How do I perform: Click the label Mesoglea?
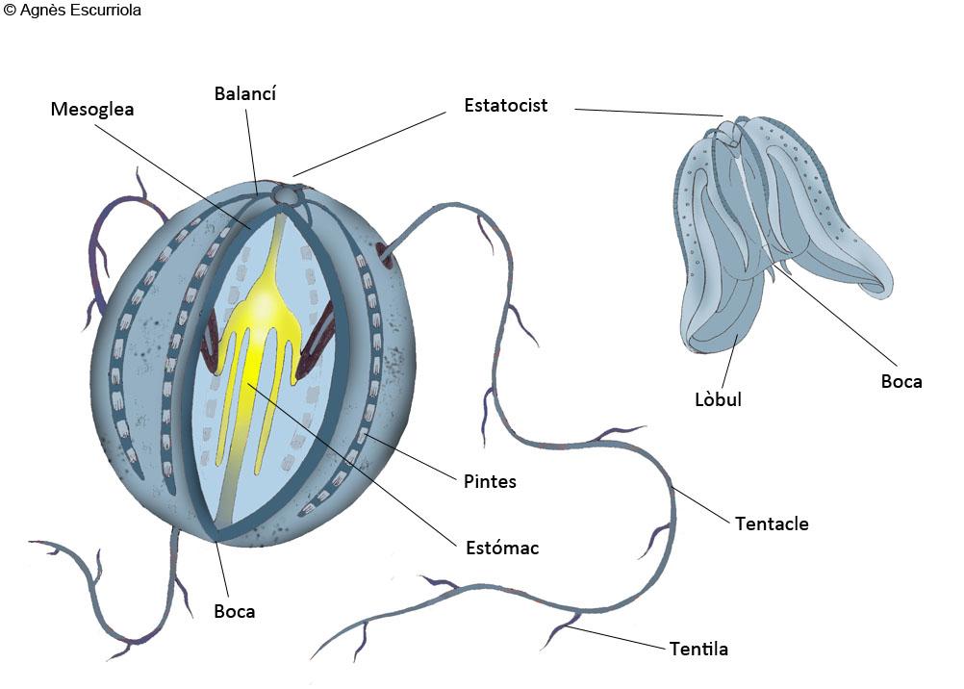click(x=92, y=109)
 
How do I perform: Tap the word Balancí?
click(x=244, y=93)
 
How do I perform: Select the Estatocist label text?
click(x=505, y=105)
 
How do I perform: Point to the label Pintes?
click(x=490, y=481)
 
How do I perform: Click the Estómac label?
click(x=502, y=548)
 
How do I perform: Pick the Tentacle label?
click(x=772, y=523)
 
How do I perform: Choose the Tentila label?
click(x=698, y=649)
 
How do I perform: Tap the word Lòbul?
click(x=718, y=399)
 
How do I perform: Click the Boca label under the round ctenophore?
click(x=234, y=611)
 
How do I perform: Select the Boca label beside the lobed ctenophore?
click(x=901, y=381)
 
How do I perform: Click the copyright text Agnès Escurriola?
click(x=72, y=10)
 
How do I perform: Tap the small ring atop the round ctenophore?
click(x=286, y=194)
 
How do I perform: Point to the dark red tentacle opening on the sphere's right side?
click(x=385, y=254)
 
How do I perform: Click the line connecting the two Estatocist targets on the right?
click(x=648, y=113)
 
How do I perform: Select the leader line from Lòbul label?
click(x=730, y=361)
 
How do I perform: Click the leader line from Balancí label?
click(x=251, y=153)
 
